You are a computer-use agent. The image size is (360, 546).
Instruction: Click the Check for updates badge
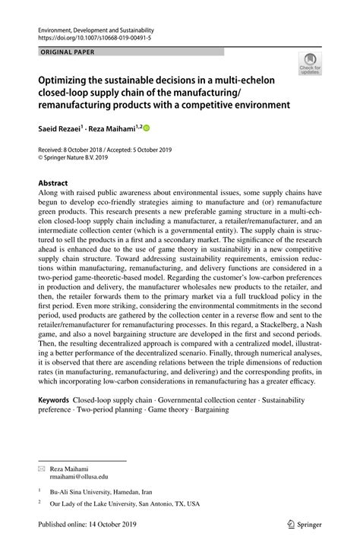[x=309, y=65]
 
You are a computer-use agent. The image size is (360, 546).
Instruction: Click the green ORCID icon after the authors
[x=147, y=129]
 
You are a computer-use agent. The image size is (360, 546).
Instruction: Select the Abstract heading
[x=53, y=183]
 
